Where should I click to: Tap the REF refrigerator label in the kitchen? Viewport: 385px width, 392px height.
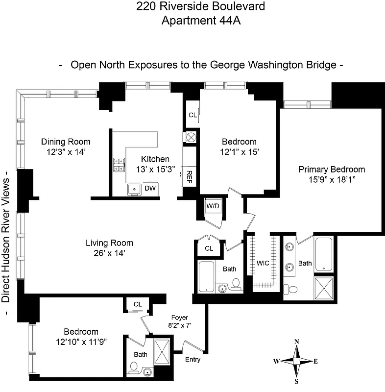pos(187,176)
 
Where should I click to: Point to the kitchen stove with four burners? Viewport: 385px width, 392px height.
pos(119,165)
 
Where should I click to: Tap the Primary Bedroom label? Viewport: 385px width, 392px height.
pos(332,170)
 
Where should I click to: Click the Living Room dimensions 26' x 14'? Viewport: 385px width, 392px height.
pos(109,253)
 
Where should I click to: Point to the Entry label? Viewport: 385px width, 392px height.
pos(192,360)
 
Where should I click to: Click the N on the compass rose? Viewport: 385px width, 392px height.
pos(296,342)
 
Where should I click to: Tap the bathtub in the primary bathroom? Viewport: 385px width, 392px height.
pos(324,253)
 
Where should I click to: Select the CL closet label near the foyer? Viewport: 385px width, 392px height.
pos(138,304)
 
